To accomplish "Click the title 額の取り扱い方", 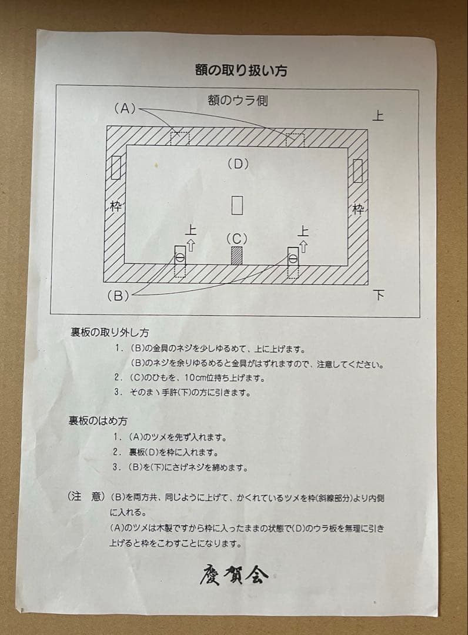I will tap(241, 71).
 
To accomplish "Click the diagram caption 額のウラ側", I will tap(237, 101).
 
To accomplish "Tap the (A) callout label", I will tap(125, 108).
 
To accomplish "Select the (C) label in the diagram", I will tap(237, 239).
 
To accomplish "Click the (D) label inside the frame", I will tap(238, 164).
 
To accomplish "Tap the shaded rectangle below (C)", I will tap(236, 256).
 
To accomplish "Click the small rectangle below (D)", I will tap(237, 205).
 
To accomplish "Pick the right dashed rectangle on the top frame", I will tap(295, 139).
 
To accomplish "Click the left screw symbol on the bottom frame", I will tap(180, 258).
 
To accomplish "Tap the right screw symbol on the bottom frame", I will tap(292, 258).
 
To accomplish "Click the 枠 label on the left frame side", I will tap(115, 206).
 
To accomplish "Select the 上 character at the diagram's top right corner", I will tap(377, 116).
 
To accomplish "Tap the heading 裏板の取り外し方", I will tap(109, 333).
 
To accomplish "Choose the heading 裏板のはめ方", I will tap(98, 421).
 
